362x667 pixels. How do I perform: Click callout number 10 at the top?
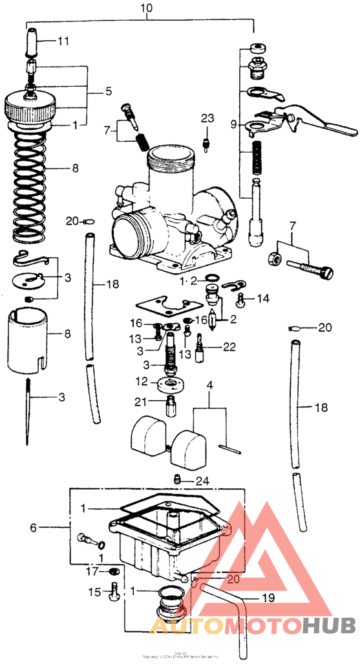click(147, 8)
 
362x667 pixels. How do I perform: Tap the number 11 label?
click(63, 41)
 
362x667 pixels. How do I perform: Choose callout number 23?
click(206, 119)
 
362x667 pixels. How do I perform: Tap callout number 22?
click(229, 347)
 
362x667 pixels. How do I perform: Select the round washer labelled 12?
click(173, 384)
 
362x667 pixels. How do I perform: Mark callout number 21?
click(141, 402)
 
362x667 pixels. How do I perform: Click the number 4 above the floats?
click(209, 387)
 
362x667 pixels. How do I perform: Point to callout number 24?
click(203, 481)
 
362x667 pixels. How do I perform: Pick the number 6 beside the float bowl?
click(33, 528)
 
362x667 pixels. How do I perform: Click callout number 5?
click(109, 92)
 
